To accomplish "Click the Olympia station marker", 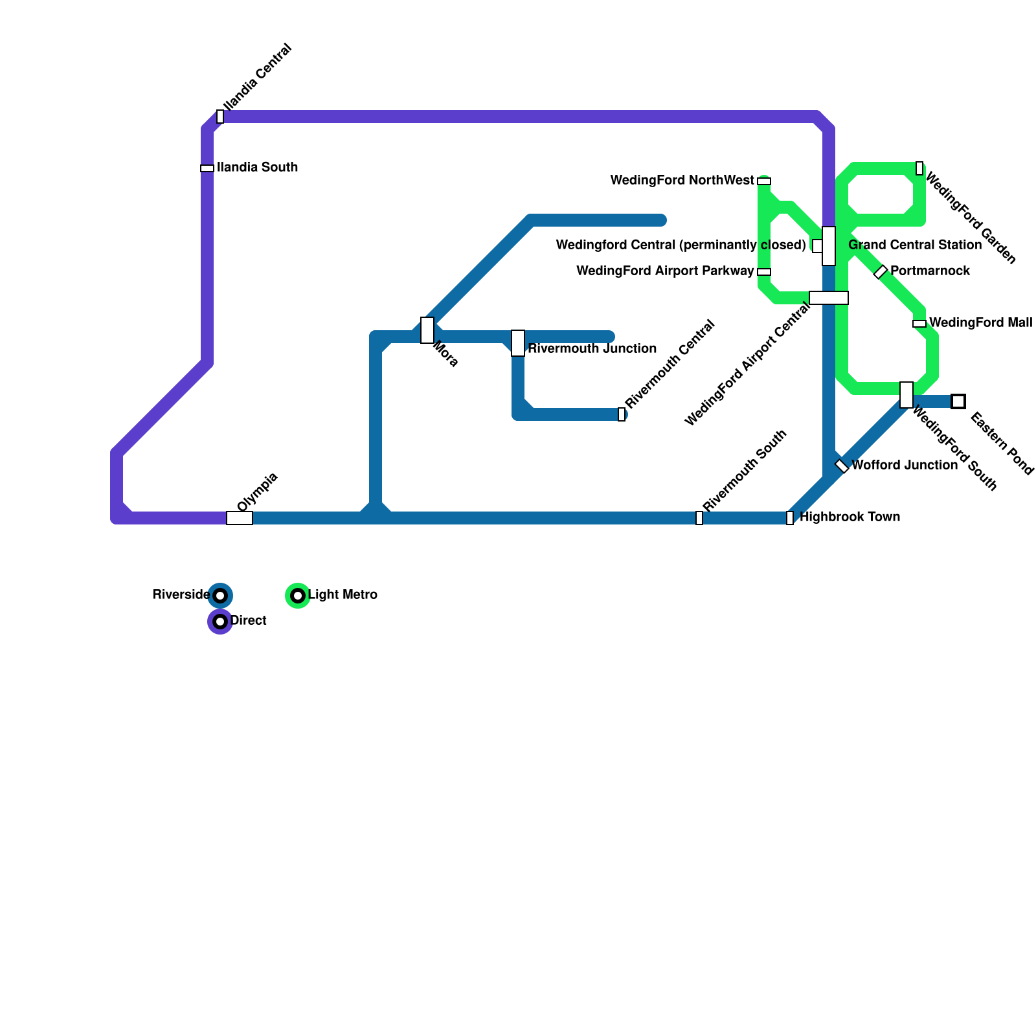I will tap(240, 518).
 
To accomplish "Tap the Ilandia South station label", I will tap(258, 168).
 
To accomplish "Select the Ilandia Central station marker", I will tap(220, 117).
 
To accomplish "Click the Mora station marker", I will tap(427, 330).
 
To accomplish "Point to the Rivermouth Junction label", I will tap(592, 349).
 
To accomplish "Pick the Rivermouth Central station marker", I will tap(622, 414).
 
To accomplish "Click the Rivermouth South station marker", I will tap(699, 518).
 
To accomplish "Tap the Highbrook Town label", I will tap(850, 517).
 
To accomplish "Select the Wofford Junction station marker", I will tap(842, 466).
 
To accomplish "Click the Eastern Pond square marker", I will tap(958, 401).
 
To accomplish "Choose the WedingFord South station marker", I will tap(906, 395).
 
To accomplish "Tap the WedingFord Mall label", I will tap(980, 323).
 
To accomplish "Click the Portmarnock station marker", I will tap(881, 272).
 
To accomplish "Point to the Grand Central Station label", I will tap(914, 245).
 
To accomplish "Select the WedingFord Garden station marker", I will tap(919, 168).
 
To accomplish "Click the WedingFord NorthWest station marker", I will tap(764, 181).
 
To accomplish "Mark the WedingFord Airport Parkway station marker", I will tap(764, 272).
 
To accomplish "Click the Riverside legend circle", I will tap(220, 595).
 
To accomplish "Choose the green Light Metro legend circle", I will tap(298, 595).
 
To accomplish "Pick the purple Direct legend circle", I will tap(220, 622).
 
